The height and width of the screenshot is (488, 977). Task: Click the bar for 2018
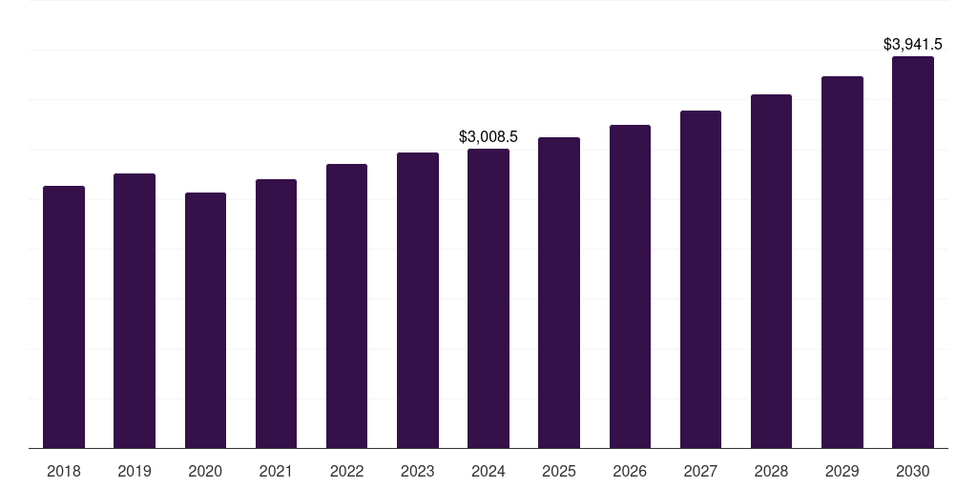coord(64,316)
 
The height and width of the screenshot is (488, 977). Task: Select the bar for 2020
coord(205,320)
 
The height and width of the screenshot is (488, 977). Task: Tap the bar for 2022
coord(346,306)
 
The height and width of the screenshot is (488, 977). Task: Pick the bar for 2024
coord(488,298)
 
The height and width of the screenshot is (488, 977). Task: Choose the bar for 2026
coord(630,286)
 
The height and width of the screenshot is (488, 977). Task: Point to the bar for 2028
coord(771,271)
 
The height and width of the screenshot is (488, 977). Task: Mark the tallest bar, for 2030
coord(913,252)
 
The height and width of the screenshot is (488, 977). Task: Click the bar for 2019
coord(135,311)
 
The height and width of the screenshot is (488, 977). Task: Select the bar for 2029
coord(842,262)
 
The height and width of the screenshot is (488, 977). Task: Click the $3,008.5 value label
coord(488,137)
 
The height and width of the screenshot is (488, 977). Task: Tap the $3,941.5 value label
coord(913,44)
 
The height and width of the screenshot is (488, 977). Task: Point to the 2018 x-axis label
coord(64,471)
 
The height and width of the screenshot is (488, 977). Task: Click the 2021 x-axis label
coord(276,471)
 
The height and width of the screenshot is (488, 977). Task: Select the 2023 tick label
coord(418,471)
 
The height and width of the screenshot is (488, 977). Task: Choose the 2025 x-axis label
coord(559,471)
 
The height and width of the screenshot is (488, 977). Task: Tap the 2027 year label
coord(700,471)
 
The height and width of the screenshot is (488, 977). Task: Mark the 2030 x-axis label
coord(913,471)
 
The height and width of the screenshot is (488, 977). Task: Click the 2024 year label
coord(488,471)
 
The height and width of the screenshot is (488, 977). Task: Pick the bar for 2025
coord(559,293)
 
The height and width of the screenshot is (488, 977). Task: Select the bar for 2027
coord(700,279)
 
